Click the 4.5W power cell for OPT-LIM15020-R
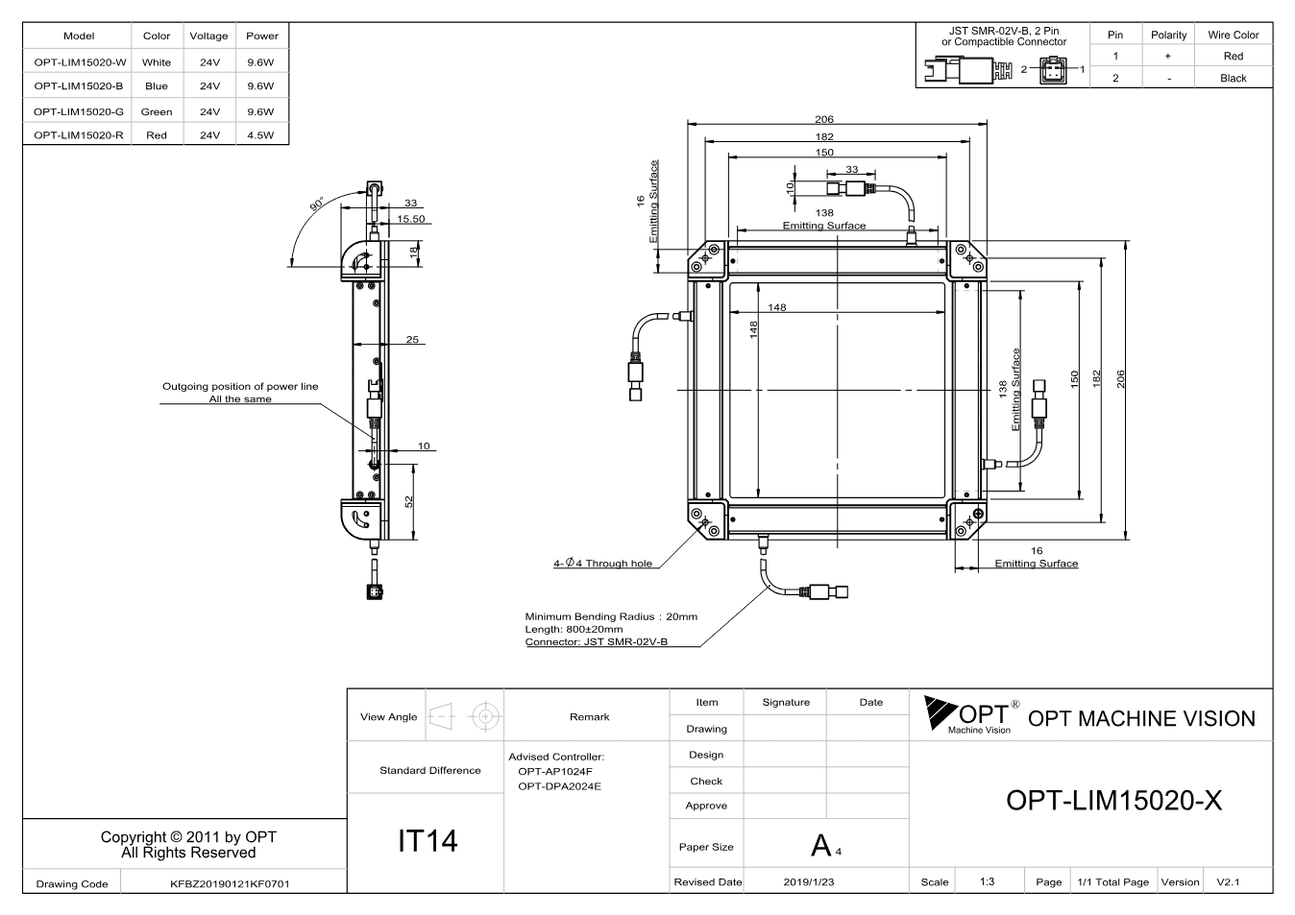[260, 135]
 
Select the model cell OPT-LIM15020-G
[79, 111]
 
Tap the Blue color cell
[157, 86]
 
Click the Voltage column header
[208, 36]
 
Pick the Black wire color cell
[1234, 78]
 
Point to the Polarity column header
[1168, 36]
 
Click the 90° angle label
[317, 204]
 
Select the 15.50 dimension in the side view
[411, 219]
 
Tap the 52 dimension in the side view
[409, 502]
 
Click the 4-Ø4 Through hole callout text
[603, 563]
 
